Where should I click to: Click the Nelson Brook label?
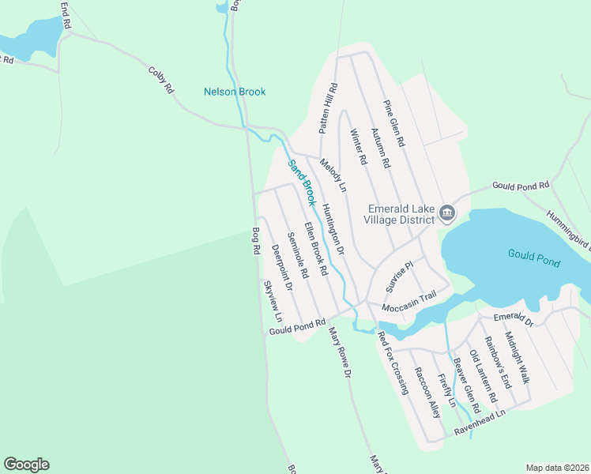coord(235,92)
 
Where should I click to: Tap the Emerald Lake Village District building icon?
coord(447,213)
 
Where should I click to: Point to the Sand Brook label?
coord(301,181)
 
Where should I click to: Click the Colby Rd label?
coord(160,80)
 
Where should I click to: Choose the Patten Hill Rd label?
coord(329,108)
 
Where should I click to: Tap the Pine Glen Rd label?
coord(394,124)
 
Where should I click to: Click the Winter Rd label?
coord(359,147)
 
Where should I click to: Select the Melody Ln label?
coord(333,175)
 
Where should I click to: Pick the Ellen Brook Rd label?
coord(315,248)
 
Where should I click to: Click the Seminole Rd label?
coord(297,254)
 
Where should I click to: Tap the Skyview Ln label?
coord(273,299)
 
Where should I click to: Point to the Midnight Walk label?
coord(518,358)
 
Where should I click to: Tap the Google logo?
coord(26,465)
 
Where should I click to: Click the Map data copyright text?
coord(556,468)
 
